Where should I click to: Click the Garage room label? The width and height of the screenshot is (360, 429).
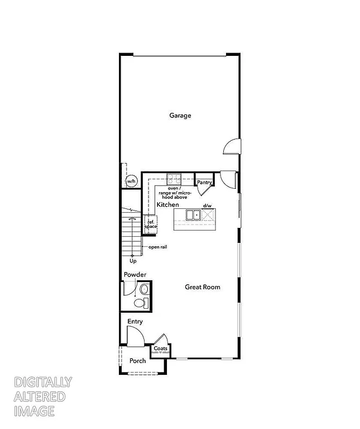pos(180,116)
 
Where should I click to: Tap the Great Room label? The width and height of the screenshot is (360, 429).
pos(203,287)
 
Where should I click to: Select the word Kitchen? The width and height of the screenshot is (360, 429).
pos(167,206)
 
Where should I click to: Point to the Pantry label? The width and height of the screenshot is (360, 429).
pos(204,182)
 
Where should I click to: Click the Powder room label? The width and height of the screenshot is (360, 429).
pos(135,275)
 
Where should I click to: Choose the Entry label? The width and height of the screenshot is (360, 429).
pos(135,322)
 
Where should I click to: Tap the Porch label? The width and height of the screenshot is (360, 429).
pos(138,361)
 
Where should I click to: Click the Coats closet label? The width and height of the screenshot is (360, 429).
pos(161,349)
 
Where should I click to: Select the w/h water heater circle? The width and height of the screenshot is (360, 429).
pos(131,182)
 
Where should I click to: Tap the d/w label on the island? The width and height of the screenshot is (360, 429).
pos(207,206)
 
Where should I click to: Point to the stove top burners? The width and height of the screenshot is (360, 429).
pos(173,179)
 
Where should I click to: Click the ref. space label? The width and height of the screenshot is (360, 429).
pos(151,224)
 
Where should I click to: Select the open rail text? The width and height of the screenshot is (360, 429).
pos(158,247)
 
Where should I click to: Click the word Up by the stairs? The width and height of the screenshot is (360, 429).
pos(133,261)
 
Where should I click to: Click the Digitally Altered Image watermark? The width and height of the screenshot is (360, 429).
pos(42,397)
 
